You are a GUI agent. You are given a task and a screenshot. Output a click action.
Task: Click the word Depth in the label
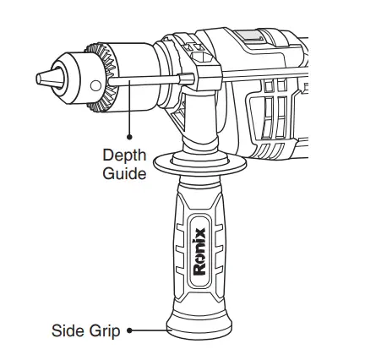pos(124,155)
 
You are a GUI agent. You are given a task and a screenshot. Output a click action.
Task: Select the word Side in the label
pos(68,330)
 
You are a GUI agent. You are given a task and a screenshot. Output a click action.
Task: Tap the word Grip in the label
pos(105,330)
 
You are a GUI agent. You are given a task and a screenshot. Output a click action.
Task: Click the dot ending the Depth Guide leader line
pos(129,133)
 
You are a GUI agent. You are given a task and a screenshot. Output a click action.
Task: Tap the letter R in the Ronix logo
pos(199,272)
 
